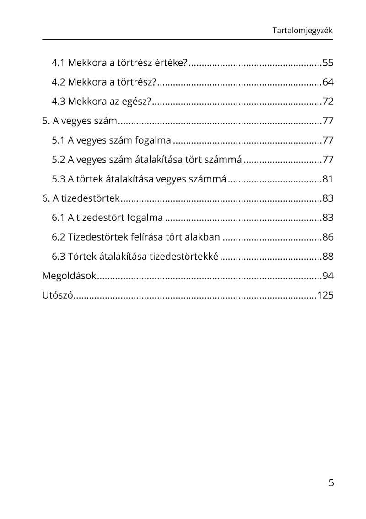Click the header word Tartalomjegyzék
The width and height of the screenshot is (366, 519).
(x=302, y=31)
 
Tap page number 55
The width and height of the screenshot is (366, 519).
(x=328, y=63)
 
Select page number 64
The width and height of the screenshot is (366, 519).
(x=328, y=82)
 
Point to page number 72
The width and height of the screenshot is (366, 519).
(x=328, y=102)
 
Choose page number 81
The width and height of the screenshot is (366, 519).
(x=328, y=179)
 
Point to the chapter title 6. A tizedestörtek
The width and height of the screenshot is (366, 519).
(x=81, y=198)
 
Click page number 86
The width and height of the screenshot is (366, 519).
(x=328, y=237)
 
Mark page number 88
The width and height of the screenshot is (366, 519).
(x=328, y=256)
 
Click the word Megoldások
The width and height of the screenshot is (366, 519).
(x=69, y=276)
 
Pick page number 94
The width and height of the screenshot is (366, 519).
(x=328, y=276)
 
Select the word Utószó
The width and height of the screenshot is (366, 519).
(x=58, y=295)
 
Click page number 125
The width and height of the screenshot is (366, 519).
(x=325, y=295)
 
